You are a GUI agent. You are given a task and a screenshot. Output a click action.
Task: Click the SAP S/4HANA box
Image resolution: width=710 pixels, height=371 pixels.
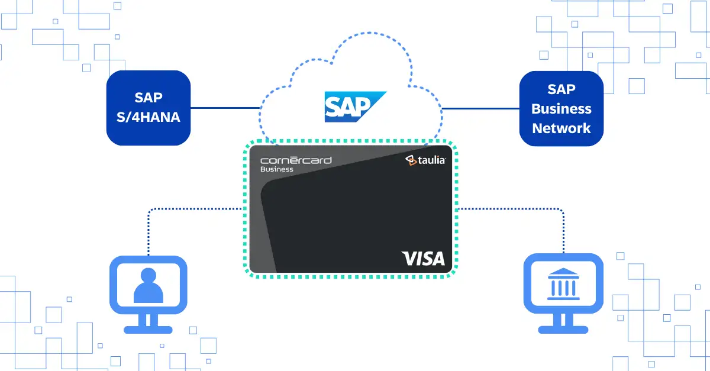149,108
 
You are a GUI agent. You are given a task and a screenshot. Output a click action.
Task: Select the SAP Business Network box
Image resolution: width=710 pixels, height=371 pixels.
561,108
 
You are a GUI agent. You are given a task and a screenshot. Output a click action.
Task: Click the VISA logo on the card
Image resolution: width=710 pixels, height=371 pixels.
423,259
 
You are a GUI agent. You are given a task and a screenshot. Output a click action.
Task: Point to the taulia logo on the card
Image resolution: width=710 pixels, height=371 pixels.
425,160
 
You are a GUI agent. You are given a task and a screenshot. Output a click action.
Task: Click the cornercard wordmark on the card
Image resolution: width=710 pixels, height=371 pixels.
296,160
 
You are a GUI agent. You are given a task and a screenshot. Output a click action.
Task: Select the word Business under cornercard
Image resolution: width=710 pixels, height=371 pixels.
277,169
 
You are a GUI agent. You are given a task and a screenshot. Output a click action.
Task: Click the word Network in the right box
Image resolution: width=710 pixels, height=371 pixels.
561,128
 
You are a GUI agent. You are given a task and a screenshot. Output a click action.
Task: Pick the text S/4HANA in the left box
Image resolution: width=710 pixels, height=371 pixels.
149,118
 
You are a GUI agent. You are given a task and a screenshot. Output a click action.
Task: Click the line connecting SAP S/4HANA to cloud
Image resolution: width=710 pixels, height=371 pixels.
225,108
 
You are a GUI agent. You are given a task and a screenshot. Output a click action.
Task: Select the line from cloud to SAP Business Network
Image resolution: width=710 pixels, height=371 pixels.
480,108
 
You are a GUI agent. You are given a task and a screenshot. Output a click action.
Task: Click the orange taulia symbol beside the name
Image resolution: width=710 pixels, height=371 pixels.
409,159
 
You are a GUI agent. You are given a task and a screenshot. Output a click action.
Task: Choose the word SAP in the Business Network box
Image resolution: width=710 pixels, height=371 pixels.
561,89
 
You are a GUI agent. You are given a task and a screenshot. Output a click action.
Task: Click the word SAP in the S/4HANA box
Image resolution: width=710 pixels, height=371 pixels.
149,98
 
